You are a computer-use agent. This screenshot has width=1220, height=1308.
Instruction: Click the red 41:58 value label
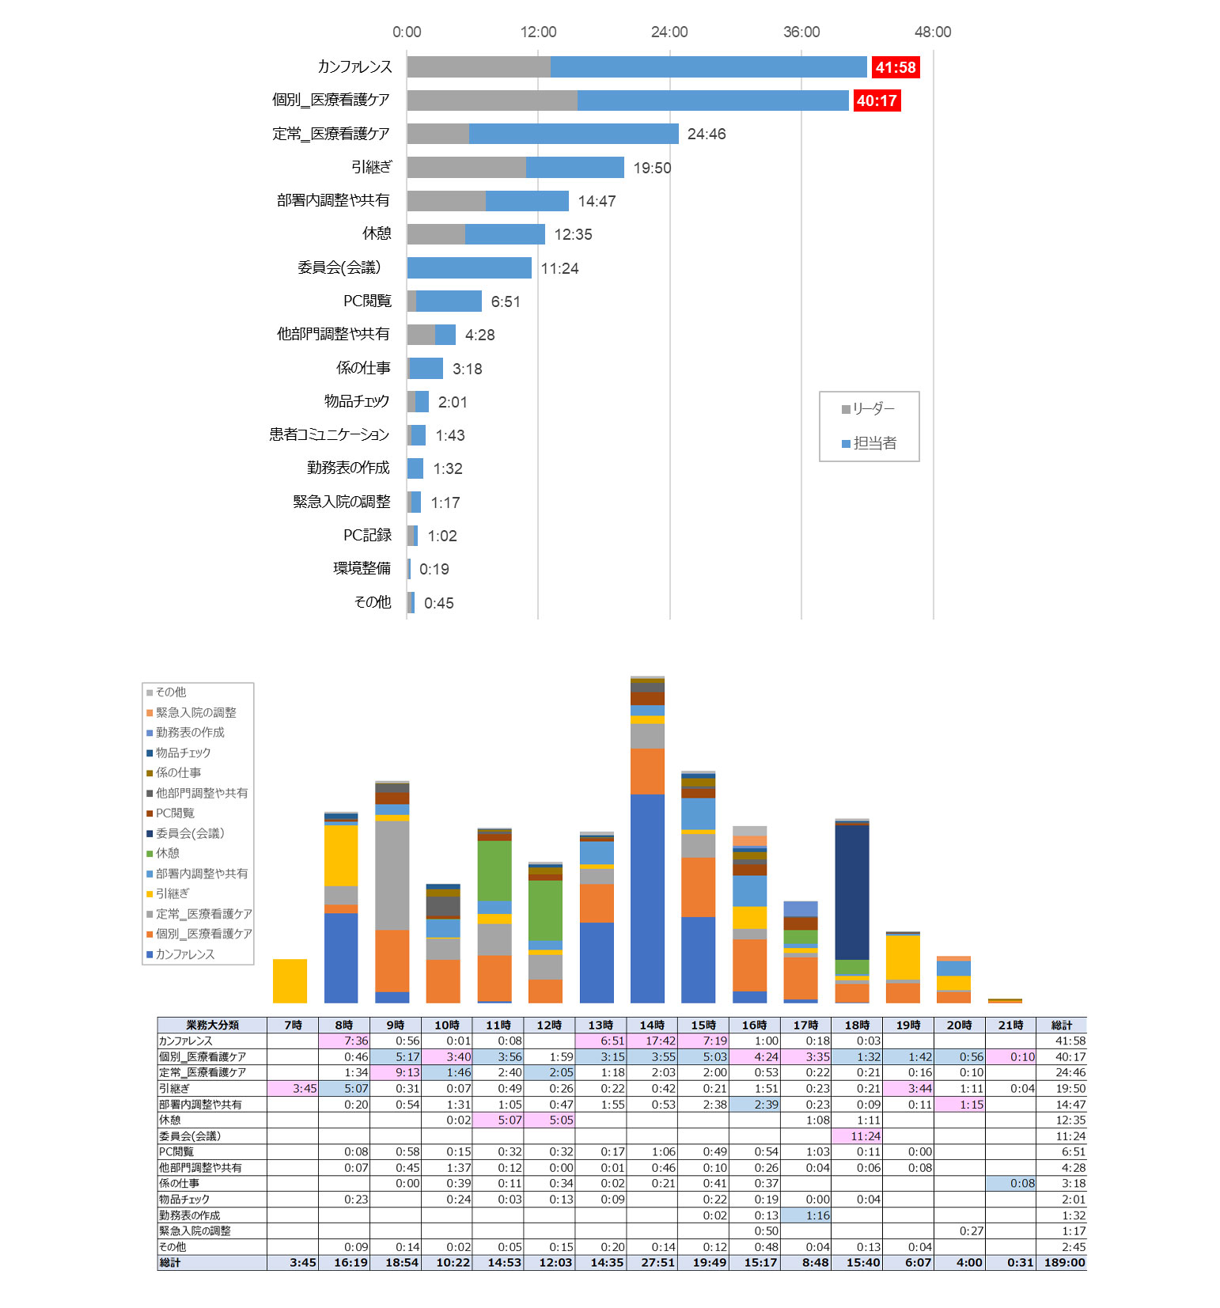895,68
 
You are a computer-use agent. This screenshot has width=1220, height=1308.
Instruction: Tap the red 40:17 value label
877,101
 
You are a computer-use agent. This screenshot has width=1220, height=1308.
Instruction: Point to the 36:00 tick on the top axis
801,32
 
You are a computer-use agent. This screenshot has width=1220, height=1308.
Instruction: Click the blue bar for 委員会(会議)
469,268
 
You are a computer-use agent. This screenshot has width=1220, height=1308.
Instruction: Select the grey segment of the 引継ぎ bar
466,168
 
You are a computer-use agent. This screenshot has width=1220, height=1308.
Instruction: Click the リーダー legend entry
869,409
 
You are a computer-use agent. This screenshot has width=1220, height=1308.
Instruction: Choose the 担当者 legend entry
870,443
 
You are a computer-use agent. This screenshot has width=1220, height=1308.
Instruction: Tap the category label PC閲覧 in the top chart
367,301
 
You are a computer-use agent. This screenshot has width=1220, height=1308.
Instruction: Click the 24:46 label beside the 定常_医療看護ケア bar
707,135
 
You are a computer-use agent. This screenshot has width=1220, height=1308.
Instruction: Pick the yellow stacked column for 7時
290,981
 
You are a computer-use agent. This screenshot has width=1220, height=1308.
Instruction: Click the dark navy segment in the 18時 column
852,893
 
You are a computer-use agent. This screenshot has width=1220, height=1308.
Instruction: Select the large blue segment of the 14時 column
647,898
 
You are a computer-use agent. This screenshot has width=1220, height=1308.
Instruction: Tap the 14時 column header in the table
652,1025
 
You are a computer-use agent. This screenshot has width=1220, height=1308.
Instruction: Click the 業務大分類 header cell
212,1025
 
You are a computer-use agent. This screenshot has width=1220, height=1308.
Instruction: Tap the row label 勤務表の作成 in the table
190,1215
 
